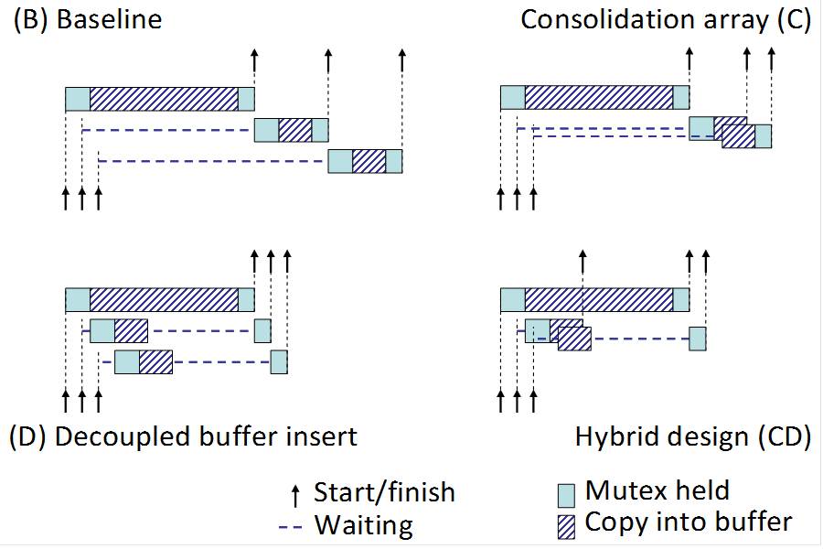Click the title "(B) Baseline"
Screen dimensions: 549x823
[87, 20]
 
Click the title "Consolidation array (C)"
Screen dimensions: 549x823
[666, 20]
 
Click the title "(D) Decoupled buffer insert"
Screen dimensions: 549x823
[183, 436]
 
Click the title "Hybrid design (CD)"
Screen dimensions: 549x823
[692, 436]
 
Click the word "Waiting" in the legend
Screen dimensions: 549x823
[363, 525]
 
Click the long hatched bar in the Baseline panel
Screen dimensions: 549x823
[164, 99]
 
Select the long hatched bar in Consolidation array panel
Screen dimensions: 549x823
[599, 99]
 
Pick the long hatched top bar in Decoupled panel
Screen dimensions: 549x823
[164, 299]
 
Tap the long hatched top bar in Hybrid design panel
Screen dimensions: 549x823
[599, 299]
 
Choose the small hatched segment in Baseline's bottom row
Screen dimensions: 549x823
[369, 162]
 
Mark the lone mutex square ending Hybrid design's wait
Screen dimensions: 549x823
[698, 338]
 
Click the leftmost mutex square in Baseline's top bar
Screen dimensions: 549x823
[78, 99]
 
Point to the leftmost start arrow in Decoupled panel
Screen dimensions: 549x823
[66, 400]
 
